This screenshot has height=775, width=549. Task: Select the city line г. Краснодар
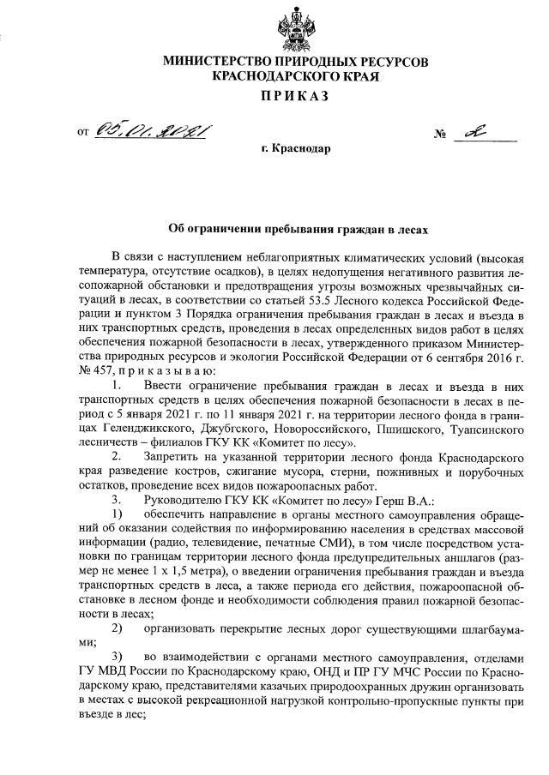click(296, 148)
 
